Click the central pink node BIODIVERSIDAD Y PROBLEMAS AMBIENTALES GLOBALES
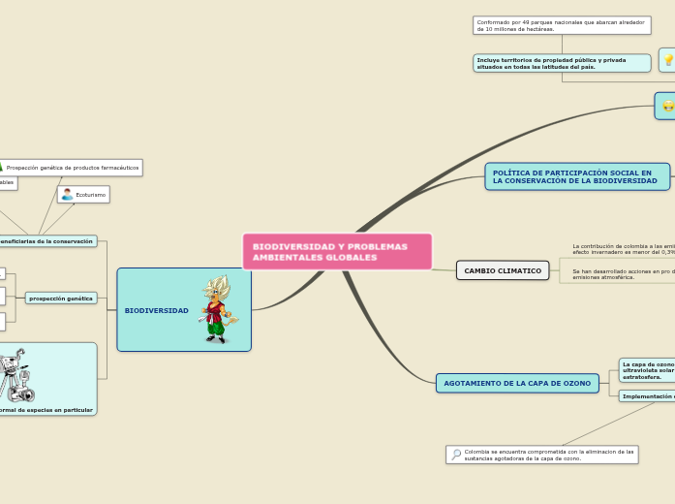337,252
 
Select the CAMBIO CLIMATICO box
503,270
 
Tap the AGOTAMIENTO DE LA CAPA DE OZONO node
517,383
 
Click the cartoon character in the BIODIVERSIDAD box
215,309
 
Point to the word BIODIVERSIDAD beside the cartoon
157,310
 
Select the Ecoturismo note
84,195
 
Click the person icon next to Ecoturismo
67,195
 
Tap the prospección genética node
61,299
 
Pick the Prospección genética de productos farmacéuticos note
72,168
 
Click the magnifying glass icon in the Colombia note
455,454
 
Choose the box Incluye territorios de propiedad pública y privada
562,63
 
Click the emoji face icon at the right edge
667,107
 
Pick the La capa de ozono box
647,370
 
